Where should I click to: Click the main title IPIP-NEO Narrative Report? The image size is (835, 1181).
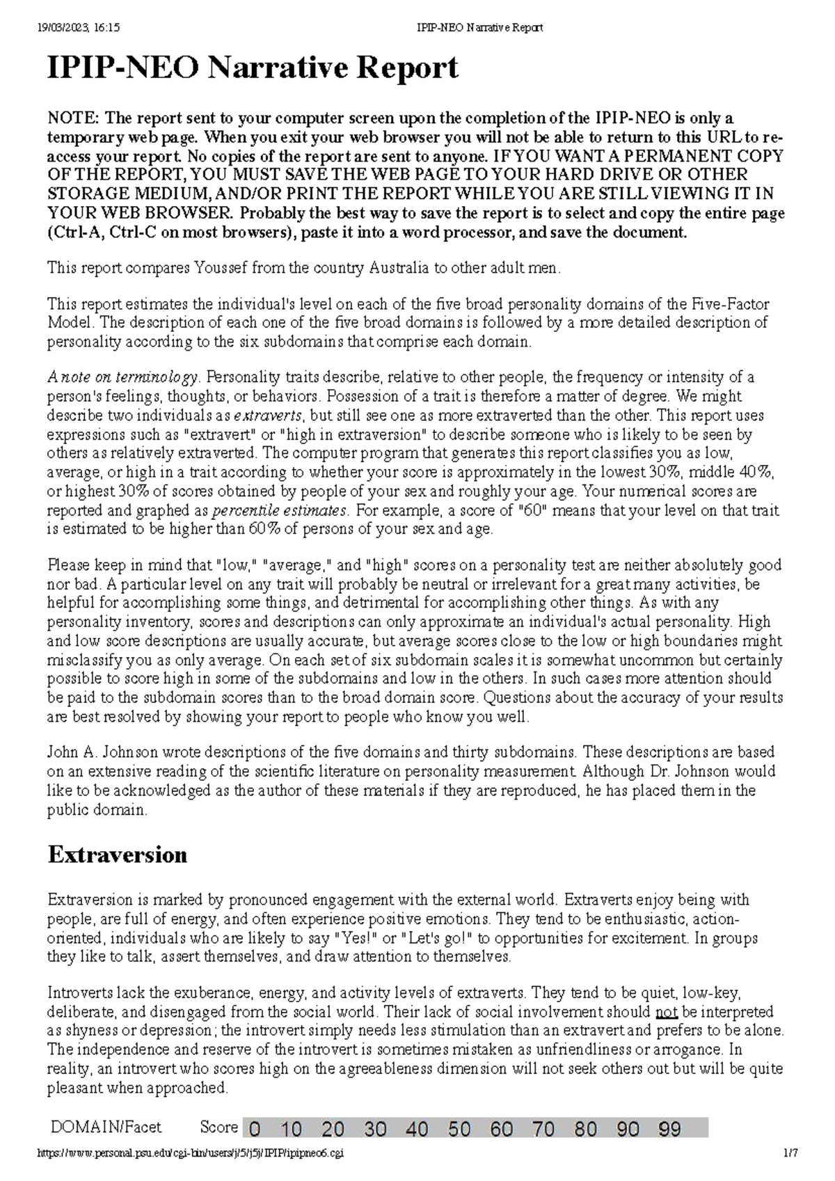click(x=253, y=68)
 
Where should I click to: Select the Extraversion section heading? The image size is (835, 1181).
click(x=117, y=855)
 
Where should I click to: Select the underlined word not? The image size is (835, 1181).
click(x=667, y=1011)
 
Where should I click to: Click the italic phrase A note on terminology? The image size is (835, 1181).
click(x=122, y=377)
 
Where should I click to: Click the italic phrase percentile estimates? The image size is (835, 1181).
click(x=278, y=510)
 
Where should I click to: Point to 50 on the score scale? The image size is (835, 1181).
click(x=459, y=1129)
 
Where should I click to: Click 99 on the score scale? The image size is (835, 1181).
click(x=669, y=1129)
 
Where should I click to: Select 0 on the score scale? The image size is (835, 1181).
click(x=256, y=1129)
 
